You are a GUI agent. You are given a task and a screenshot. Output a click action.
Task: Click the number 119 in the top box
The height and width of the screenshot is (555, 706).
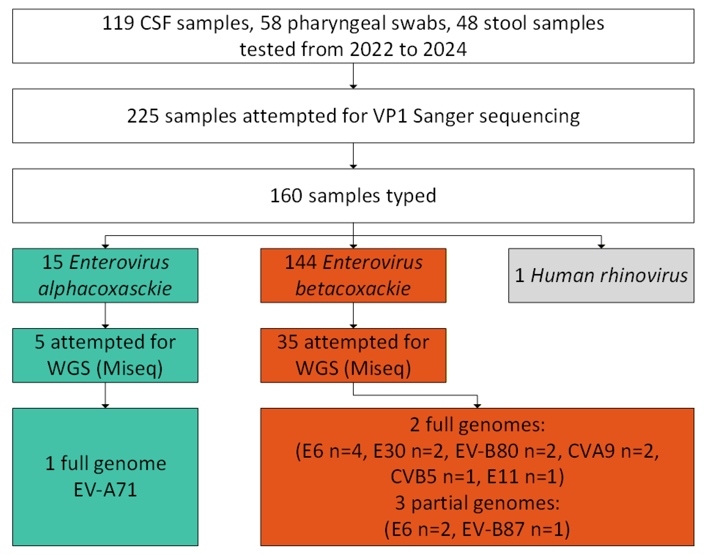tap(118, 23)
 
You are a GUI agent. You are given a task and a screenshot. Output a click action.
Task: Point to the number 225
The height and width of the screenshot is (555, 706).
tap(143, 116)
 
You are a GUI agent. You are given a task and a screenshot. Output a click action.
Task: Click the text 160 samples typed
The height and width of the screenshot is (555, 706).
tap(353, 196)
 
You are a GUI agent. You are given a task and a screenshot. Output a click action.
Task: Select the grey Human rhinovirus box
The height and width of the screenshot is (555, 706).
tap(601, 275)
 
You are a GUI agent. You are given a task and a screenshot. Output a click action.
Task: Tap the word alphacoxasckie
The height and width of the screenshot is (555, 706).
tap(105, 289)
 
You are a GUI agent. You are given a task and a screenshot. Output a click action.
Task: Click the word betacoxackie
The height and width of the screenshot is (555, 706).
tap(353, 289)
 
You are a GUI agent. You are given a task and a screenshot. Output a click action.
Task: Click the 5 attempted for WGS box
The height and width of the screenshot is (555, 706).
tap(105, 355)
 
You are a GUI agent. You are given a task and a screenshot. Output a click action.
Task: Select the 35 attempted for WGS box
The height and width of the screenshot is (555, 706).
tap(353, 355)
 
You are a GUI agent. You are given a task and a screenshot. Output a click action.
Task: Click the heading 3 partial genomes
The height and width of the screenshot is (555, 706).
tap(477, 503)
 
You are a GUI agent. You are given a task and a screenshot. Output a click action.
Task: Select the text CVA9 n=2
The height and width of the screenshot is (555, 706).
tap(612, 451)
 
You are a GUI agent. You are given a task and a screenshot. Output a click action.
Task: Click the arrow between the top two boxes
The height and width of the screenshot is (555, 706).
tap(353, 76)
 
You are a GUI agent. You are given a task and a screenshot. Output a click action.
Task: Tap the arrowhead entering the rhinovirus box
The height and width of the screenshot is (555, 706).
tap(601, 246)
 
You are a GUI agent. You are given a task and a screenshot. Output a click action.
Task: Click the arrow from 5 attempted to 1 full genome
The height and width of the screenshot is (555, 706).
tap(105, 395)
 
